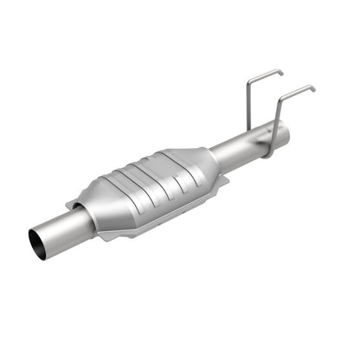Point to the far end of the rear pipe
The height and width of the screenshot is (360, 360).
coord(282,131)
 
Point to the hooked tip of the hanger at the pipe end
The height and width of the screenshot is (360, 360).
coord(312,88)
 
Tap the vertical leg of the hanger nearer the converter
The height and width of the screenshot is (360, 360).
coord(248,104)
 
